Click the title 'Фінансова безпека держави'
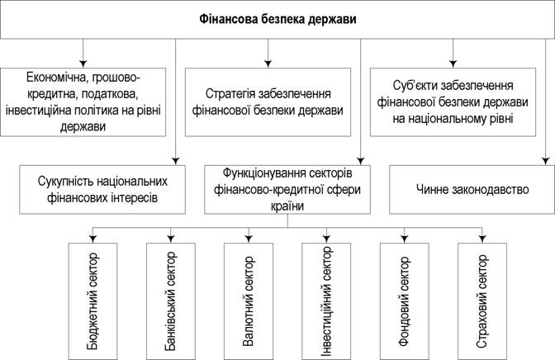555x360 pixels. [277, 19]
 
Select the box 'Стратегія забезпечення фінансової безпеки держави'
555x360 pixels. [268, 102]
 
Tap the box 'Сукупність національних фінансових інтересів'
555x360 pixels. [102, 189]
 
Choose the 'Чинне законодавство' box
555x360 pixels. [472, 189]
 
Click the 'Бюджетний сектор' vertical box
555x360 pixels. [92, 301]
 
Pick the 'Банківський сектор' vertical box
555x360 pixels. [171, 301]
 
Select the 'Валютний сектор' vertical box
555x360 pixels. [249, 301]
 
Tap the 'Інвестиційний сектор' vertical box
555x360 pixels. [326, 301]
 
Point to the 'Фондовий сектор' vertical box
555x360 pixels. [404, 301]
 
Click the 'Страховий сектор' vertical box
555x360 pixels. [482, 301]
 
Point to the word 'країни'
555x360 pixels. [287, 206]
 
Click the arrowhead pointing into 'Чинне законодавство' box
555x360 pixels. [545, 161]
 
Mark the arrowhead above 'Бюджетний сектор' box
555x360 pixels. [92, 239]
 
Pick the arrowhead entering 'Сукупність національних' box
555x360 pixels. [176, 161]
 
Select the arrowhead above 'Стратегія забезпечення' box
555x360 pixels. [268, 64]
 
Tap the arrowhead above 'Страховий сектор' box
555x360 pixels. [482, 239]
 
